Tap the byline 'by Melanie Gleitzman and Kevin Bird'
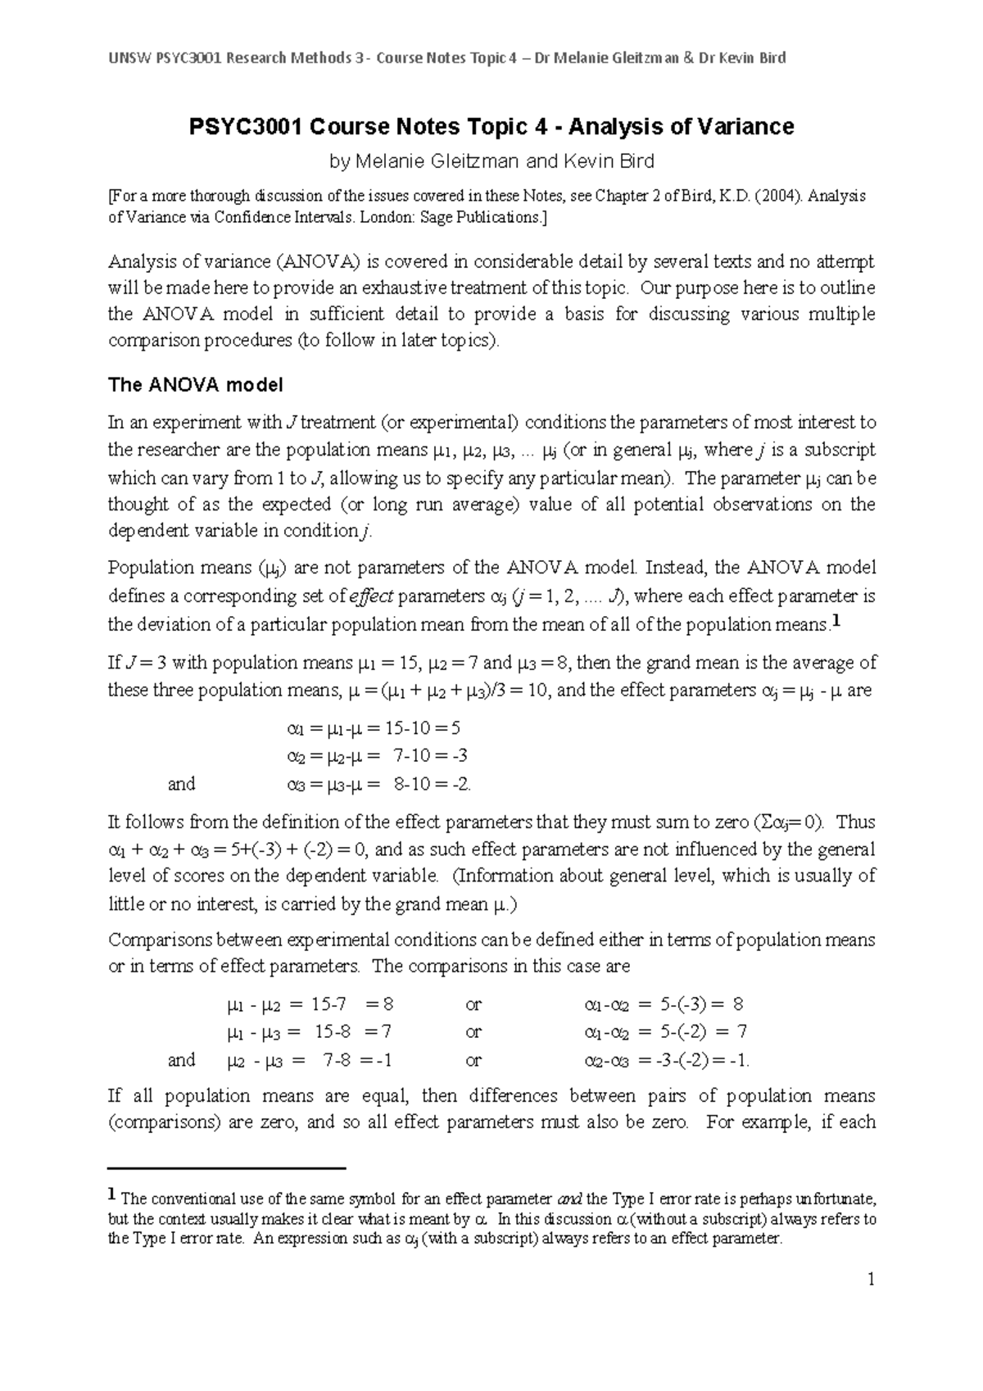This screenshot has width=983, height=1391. click(491, 161)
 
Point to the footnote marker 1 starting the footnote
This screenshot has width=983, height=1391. click(113, 1197)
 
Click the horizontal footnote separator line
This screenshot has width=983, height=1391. click(228, 1168)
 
